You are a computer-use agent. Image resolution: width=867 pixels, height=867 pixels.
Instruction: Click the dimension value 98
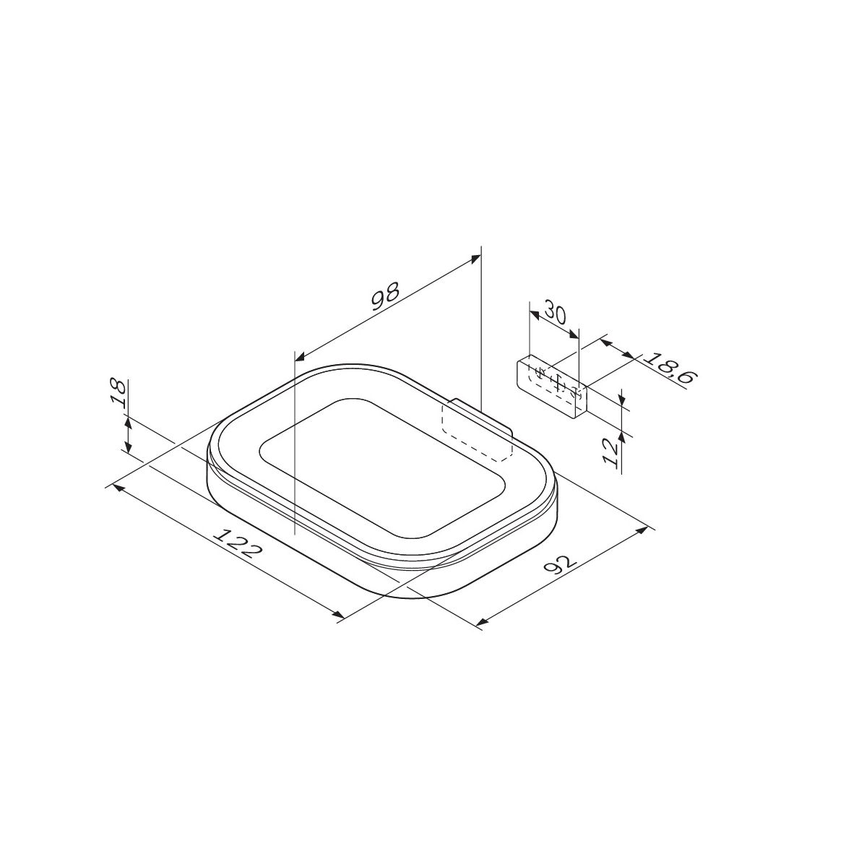click(x=385, y=296)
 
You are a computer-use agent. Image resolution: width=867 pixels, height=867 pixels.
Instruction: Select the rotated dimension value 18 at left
click(x=118, y=394)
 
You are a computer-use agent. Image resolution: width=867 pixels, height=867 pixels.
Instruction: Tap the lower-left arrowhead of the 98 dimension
click(x=301, y=356)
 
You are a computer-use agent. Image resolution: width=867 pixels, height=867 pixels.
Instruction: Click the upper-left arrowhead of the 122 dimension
click(x=118, y=488)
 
